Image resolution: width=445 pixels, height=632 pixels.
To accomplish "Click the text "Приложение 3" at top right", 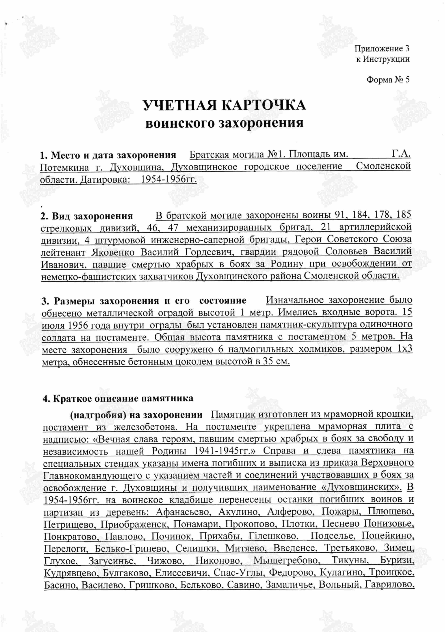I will point(382,49).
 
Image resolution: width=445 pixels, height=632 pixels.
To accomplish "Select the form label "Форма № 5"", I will point(388,80).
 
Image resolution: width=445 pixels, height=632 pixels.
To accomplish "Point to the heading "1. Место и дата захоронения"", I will point(108,155).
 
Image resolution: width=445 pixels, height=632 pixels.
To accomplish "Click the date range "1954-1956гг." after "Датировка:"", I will point(169,179).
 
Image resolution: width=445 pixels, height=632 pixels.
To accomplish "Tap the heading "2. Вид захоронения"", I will point(87,216).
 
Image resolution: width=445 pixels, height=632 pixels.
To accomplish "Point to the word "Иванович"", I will point(62,265).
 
